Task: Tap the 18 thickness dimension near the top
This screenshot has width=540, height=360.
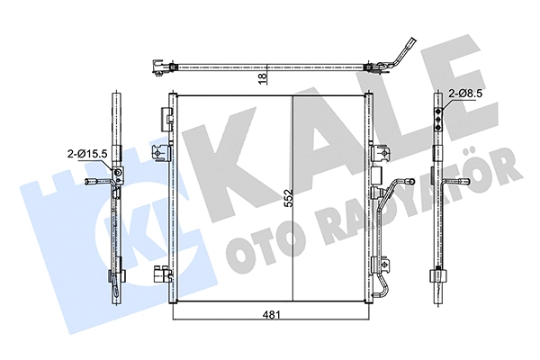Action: click(263, 80)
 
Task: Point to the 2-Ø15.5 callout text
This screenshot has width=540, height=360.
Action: click(87, 154)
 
